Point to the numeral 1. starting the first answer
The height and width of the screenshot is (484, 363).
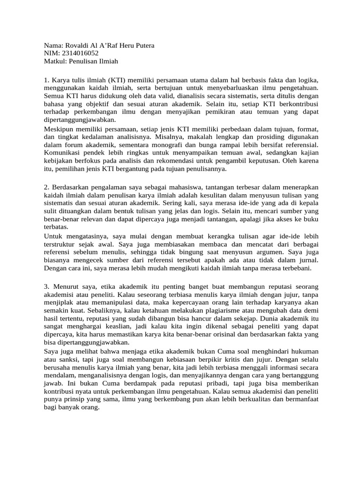click(x=46, y=78)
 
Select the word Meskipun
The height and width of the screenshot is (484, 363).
click(x=59, y=130)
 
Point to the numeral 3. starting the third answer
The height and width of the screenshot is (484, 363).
click(x=46, y=286)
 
